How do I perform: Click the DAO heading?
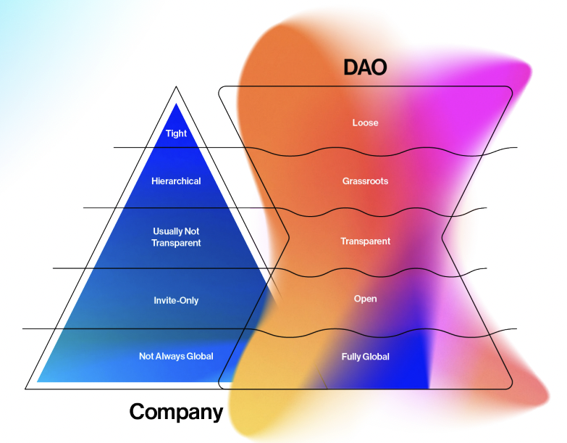(365, 68)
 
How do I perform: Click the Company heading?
(176, 412)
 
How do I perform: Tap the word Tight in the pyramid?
(176, 133)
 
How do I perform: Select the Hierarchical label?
(176, 181)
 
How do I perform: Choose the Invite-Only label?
(176, 300)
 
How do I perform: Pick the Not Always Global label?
(176, 356)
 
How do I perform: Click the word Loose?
(365, 123)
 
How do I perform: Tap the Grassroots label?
(365, 181)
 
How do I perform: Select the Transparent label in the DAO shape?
(365, 241)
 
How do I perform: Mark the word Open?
(365, 299)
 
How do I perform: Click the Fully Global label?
(365, 357)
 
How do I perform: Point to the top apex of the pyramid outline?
(176, 88)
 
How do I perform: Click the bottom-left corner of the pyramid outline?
(26, 389)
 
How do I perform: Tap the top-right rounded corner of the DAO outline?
(508, 90)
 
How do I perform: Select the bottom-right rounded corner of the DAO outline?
(508, 385)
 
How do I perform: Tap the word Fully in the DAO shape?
(353, 357)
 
